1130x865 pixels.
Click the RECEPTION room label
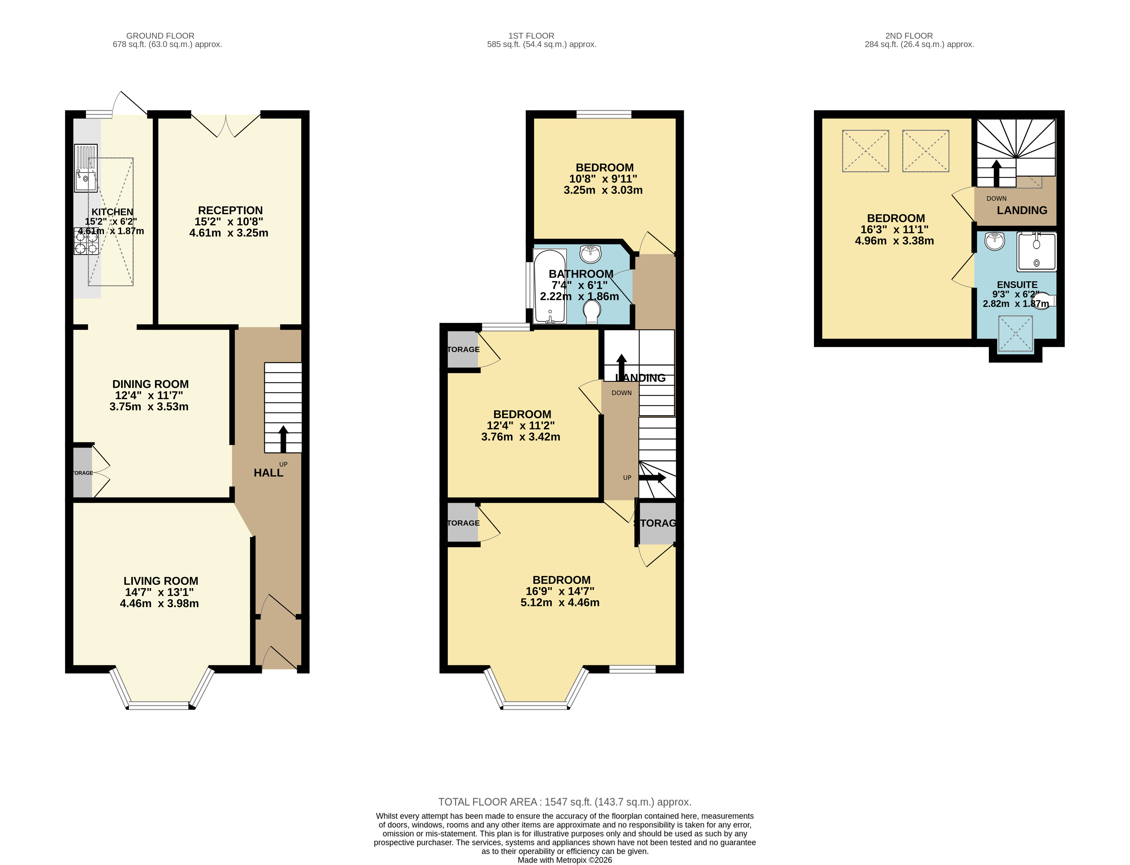(x=230, y=210)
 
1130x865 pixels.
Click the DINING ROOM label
(x=150, y=384)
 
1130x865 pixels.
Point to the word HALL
(x=268, y=473)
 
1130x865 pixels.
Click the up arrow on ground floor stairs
(x=283, y=438)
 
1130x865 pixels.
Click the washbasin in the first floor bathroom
(x=590, y=254)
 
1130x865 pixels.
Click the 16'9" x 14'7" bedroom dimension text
(x=560, y=591)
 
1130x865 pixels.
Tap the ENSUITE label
(x=1017, y=285)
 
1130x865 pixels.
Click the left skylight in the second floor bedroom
(x=865, y=151)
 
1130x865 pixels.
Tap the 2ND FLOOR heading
(x=909, y=35)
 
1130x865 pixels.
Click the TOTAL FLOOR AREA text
(x=565, y=802)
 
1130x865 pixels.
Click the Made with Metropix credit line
(x=565, y=860)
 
